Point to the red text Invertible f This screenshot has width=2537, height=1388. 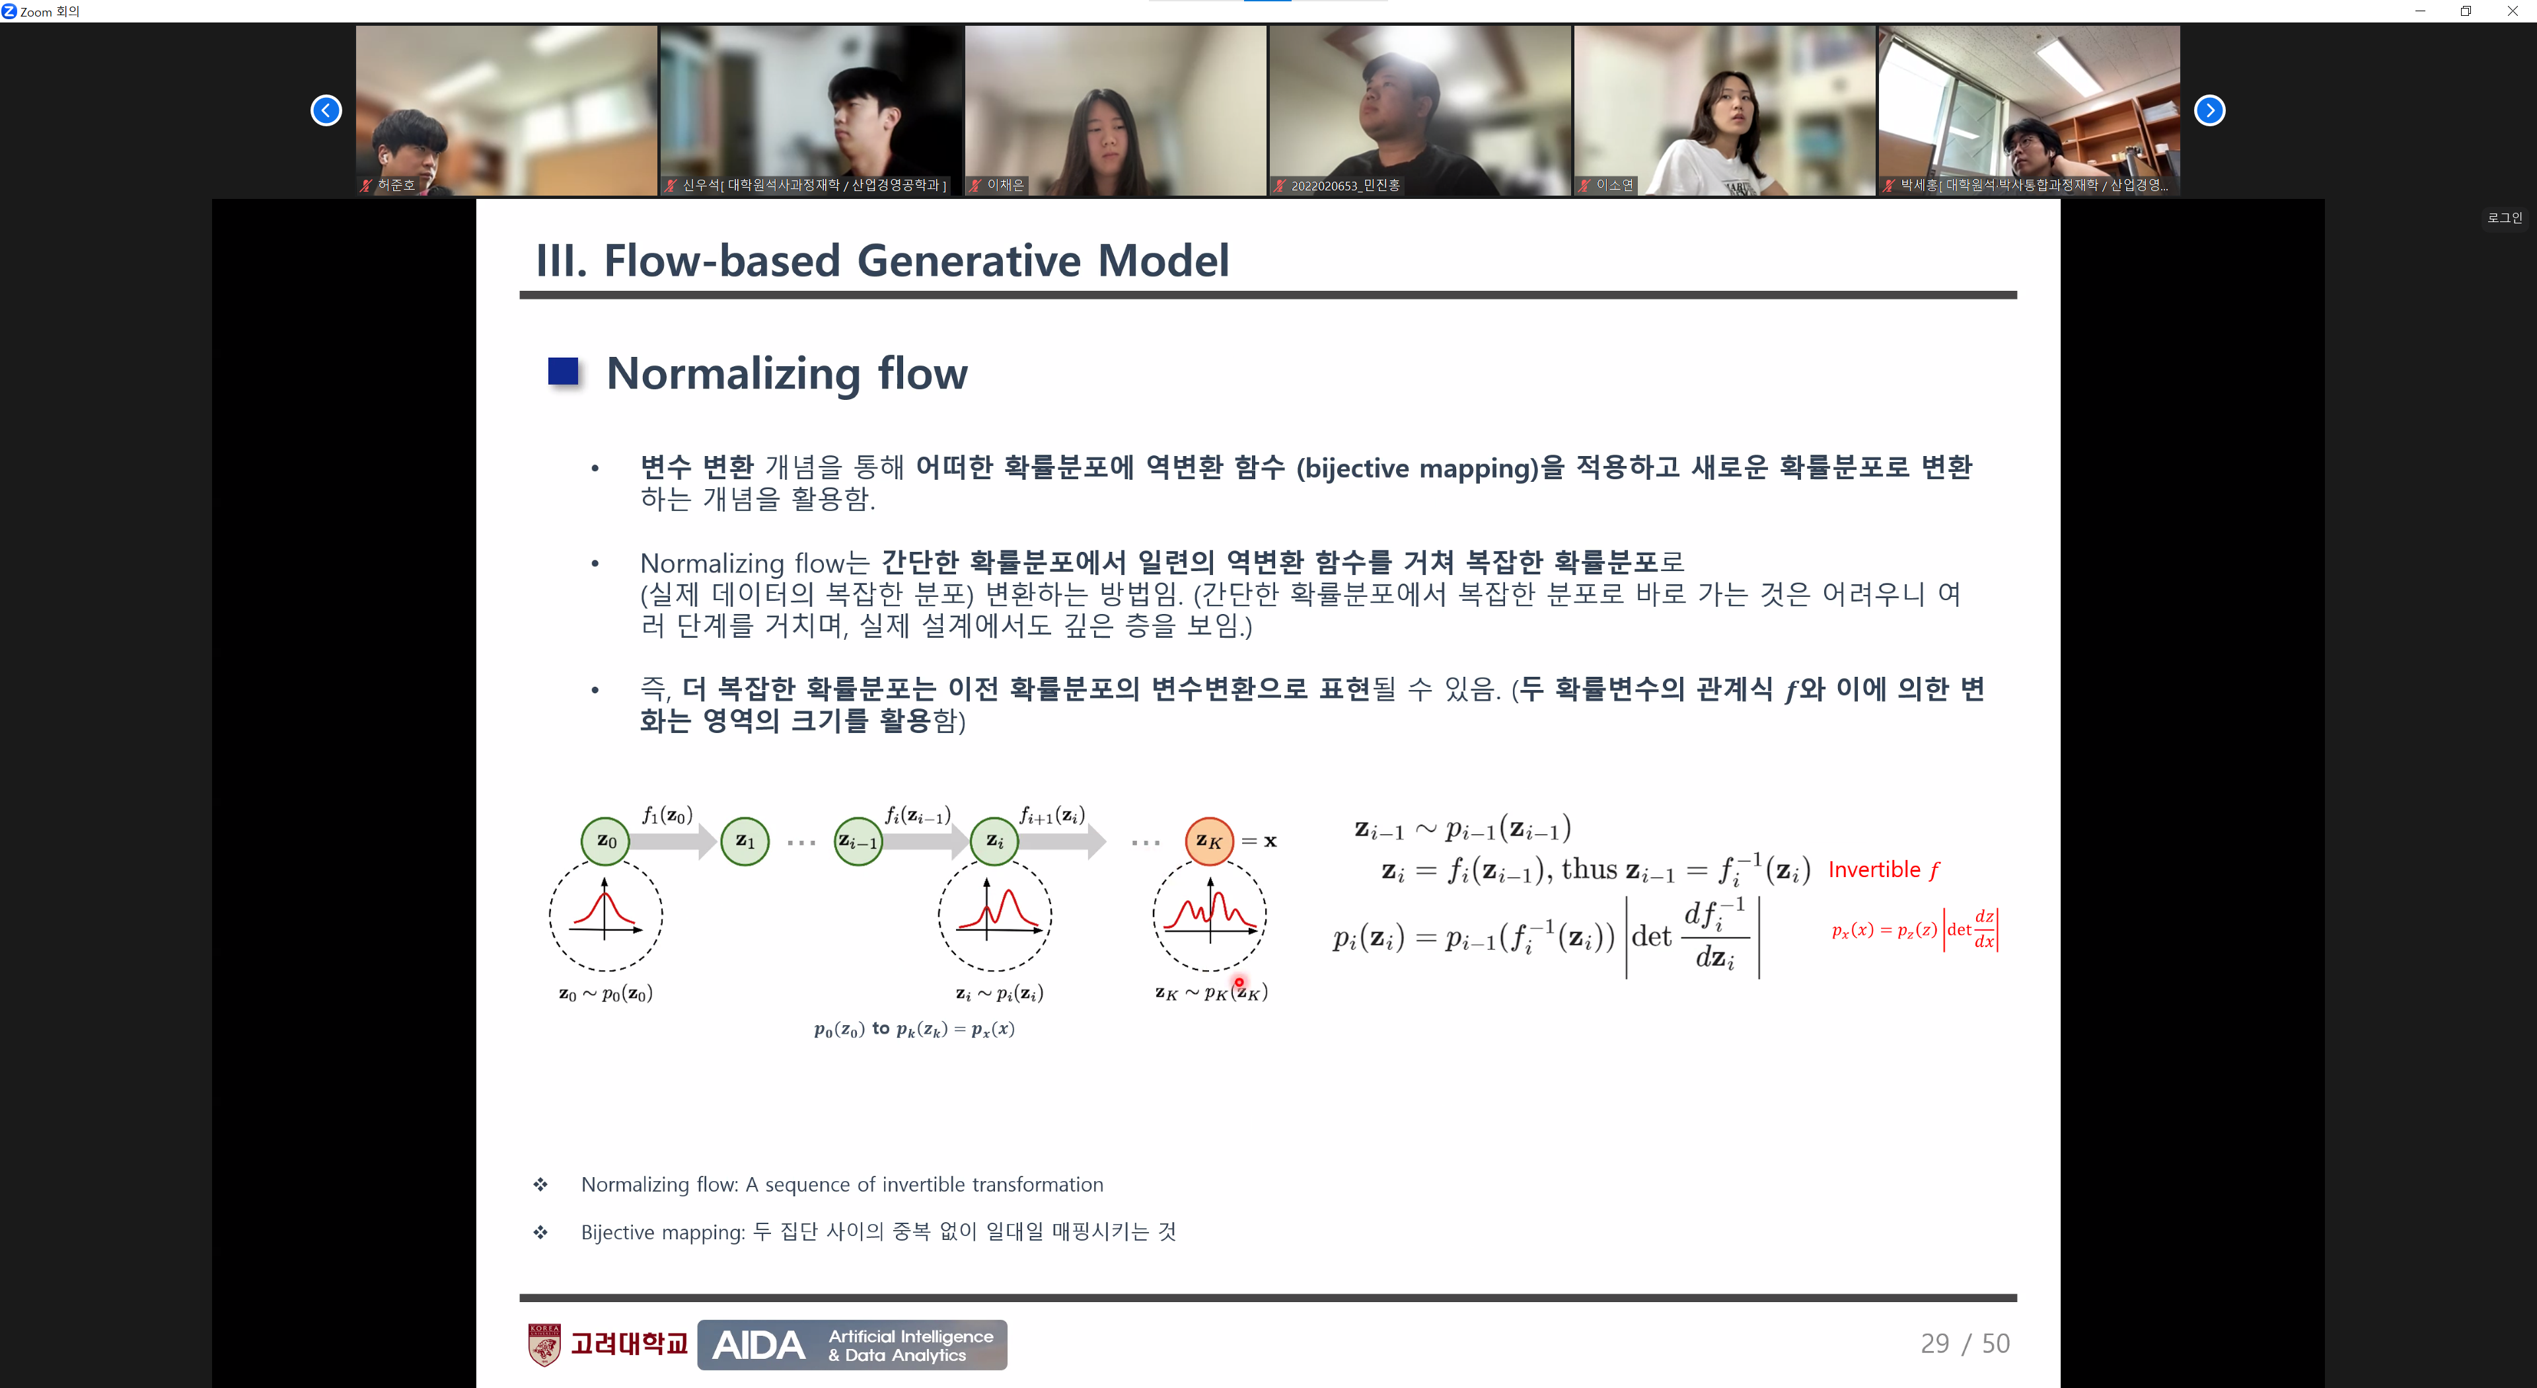pyautogui.click(x=1883, y=870)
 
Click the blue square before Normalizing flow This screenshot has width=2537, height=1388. pyautogui.click(x=564, y=372)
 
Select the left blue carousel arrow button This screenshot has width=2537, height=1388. pyautogui.click(x=326, y=110)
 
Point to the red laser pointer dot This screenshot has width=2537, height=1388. pyautogui.click(x=1239, y=982)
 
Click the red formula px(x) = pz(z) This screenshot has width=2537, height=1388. pyautogui.click(x=1883, y=930)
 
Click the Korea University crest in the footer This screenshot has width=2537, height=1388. pyautogui.click(x=544, y=1344)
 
